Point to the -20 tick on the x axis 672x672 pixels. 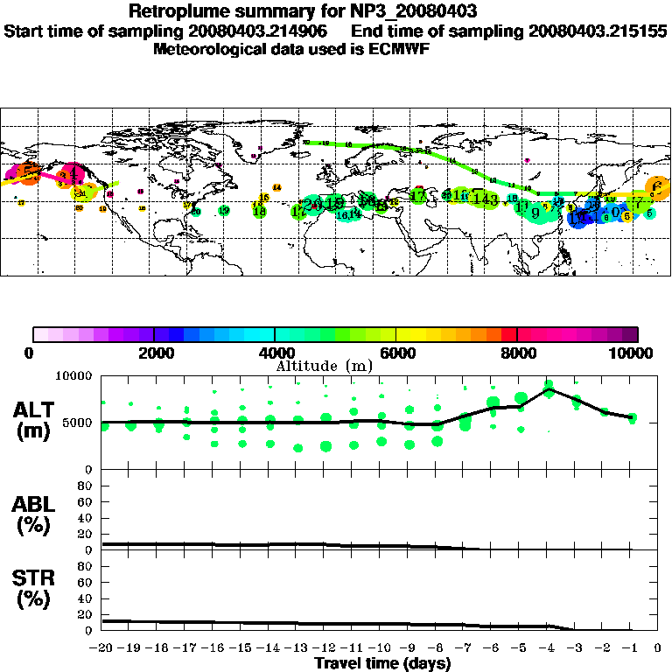pos(102,648)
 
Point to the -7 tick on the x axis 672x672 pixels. pos(464,648)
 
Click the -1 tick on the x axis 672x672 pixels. pos(630,648)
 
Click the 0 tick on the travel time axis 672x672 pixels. pos(658,648)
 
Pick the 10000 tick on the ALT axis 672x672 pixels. pos(75,375)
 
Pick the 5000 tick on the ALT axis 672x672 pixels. pos(79,423)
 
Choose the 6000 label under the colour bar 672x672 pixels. pos(396,353)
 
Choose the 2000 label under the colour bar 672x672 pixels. pos(154,353)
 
